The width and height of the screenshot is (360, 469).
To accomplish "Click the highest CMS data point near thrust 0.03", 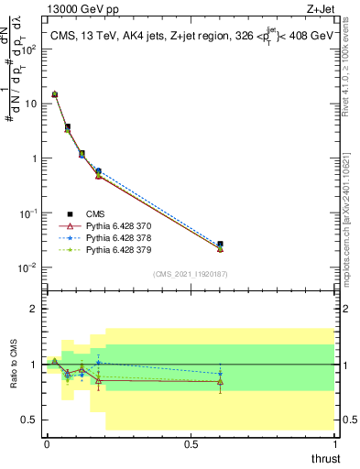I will pyautogui.click(x=54, y=93).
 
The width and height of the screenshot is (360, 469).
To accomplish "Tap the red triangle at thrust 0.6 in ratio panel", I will pyautogui.click(x=220, y=381).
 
